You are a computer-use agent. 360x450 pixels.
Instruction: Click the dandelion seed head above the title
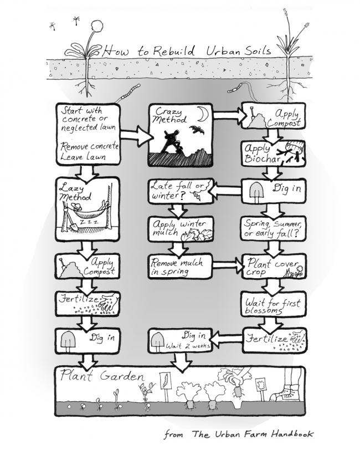coord(97,28)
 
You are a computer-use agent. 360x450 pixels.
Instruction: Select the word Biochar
coord(261,159)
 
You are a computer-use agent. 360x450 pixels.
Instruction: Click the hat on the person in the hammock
coord(76,206)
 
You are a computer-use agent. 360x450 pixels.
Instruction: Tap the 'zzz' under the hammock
coord(89,222)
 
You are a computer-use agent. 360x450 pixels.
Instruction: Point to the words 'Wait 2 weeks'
coord(188,346)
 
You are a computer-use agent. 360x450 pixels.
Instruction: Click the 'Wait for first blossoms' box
coord(274,304)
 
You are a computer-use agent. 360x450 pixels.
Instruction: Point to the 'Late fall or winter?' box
coord(181,191)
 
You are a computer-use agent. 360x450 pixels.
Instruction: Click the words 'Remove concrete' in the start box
coord(89,146)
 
